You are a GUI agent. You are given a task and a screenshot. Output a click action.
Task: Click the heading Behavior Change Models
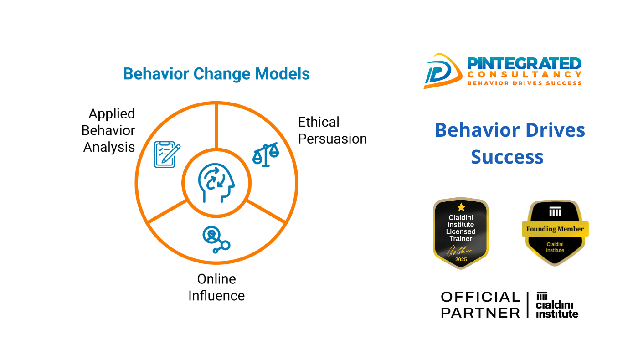point(216,74)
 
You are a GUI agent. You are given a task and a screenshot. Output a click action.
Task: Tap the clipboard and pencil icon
point(167,154)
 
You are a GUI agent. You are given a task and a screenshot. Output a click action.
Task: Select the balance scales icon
point(266,154)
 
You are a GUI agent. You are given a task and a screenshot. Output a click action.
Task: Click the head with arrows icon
point(216,183)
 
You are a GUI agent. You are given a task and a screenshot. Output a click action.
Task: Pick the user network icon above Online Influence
point(216,240)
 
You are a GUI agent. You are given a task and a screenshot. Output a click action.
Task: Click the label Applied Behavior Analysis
point(108,130)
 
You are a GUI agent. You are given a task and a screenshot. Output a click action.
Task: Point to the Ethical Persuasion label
point(332,130)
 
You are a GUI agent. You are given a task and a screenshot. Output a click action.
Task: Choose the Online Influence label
point(216,288)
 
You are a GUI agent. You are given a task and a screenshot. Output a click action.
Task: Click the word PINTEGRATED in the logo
point(525,63)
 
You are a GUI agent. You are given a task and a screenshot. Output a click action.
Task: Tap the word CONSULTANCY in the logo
point(525,75)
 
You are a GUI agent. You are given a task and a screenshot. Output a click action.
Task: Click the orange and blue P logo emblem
point(442,71)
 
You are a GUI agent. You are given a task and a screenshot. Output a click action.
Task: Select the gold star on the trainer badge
point(461,207)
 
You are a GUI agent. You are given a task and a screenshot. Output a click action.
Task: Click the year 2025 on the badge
point(461,259)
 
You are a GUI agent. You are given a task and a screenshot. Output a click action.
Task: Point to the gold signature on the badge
point(460,251)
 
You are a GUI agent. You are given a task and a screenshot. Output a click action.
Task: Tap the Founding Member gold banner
point(555,229)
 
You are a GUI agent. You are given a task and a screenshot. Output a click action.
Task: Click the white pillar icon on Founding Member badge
point(555,211)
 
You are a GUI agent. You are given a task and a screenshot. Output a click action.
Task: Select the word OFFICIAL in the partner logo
point(480,297)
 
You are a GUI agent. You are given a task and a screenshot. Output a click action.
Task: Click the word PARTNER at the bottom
point(480,313)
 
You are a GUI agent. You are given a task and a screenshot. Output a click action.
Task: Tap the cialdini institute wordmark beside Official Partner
point(557,305)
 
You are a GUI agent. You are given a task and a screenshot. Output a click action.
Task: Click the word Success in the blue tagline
point(507,157)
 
